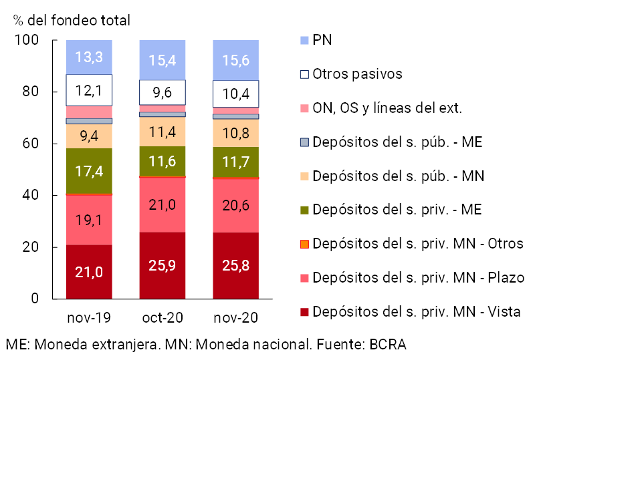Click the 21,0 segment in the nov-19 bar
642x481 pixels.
click(x=89, y=272)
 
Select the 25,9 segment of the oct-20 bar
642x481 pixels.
click(x=163, y=265)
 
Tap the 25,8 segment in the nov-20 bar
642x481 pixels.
click(x=236, y=265)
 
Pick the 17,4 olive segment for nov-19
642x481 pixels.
click(x=89, y=171)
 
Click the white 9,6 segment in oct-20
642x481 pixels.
click(x=163, y=92)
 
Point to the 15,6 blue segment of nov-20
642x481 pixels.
click(x=236, y=60)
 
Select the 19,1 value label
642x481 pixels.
click(x=89, y=220)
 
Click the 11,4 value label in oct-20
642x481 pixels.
click(x=163, y=132)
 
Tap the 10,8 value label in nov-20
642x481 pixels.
click(x=236, y=134)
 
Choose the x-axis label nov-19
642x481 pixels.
click(x=89, y=317)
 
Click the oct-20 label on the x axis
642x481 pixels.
click(x=163, y=317)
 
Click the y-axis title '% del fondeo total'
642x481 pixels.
click(x=72, y=21)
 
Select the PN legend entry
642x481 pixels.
click(x=322, y=40)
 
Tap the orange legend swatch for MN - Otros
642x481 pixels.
click(x=305, y=244)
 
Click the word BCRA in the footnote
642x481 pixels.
click(x=388, y=345)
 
